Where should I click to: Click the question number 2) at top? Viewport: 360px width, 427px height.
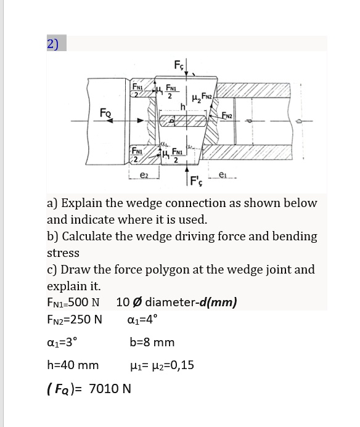click(53, 44)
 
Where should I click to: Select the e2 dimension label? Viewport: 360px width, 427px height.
click(143, 176)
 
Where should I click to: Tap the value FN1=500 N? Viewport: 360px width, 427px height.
click(73, 303)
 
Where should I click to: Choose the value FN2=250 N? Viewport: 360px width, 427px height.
click(74, 320)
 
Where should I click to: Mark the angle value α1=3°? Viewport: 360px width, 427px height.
click(62, 343)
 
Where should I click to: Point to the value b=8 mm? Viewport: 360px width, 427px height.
click(152, 343)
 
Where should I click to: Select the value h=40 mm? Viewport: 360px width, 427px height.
click(73, 365)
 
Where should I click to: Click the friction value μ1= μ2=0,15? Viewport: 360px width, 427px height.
click(162, 365)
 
